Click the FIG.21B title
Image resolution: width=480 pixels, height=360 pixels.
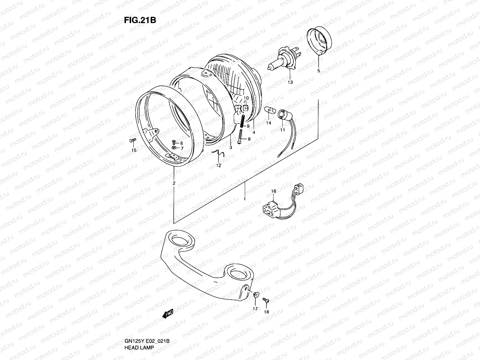[140, 20]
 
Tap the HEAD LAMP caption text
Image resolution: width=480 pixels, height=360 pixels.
[140, 347]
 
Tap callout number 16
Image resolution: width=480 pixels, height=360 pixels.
[273, 191]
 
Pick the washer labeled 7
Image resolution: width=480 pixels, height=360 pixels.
[174, 148]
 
